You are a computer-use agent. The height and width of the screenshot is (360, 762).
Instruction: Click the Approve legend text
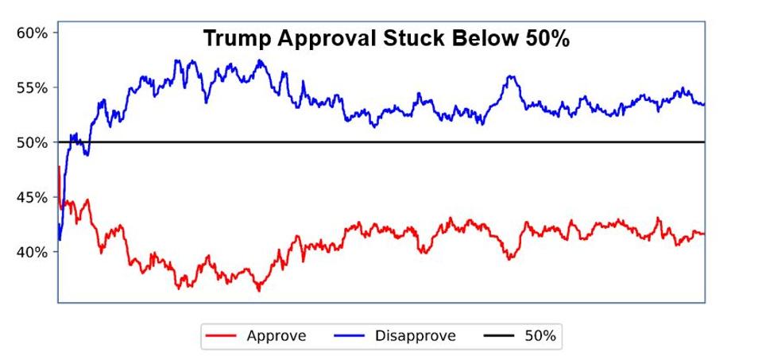click(276, 335)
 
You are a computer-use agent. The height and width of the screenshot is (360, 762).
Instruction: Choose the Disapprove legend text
click(415, 335)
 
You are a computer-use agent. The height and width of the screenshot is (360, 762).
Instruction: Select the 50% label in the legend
click(540, 335)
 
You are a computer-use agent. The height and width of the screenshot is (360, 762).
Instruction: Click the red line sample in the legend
click(221, 336)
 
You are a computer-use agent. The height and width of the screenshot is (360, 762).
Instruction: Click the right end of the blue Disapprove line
click(704, 104)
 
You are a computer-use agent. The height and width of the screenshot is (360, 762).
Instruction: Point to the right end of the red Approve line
click(704, 234)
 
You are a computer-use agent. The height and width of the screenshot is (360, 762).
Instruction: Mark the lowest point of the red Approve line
click(258, 291)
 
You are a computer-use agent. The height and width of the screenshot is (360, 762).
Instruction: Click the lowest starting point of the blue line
click(60, 240)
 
